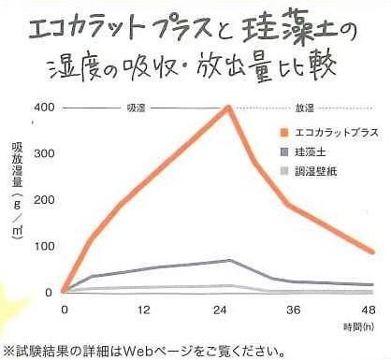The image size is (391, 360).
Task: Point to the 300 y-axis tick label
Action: (x=44, y=152)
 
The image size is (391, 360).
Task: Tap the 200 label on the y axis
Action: (x=44, y=199)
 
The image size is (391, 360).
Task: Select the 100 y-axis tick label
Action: (x=44, y=246)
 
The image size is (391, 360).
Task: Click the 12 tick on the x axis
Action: (x=144, y=310)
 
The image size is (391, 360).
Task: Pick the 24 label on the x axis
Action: (x=228, y=310)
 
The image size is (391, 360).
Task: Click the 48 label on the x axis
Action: (x=369, y=310)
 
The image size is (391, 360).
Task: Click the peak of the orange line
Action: (x=229, y=107)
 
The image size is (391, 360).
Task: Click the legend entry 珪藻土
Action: (x=320, y=151)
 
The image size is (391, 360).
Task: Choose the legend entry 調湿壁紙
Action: (x=324, y=169)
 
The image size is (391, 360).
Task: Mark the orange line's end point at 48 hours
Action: (x=372, y=252)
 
